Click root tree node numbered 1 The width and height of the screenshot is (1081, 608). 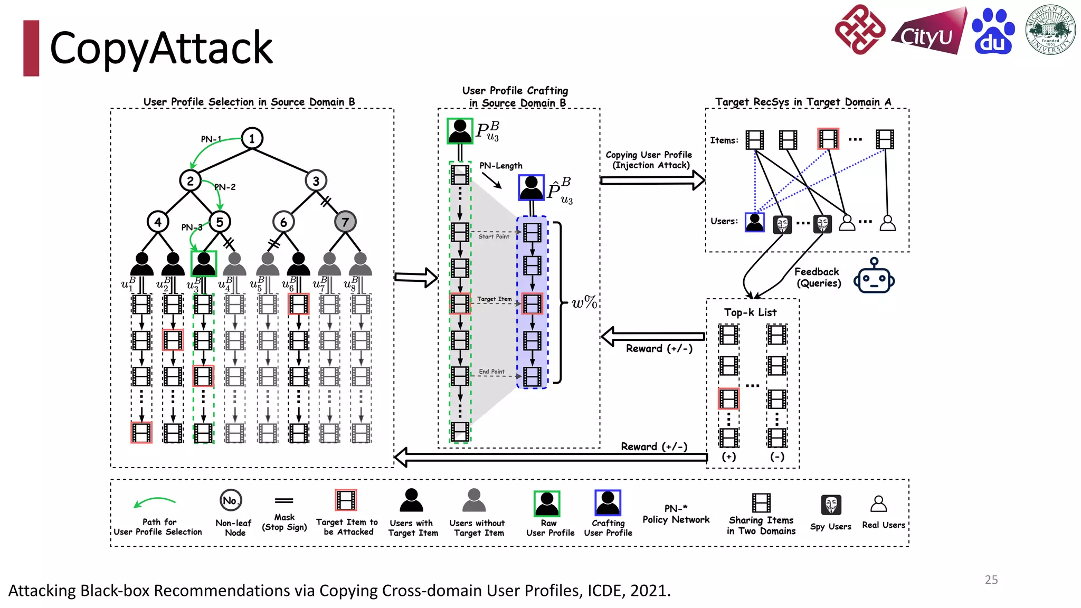click(x=252, y=138)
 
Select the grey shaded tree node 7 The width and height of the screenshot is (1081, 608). click(x=345, y=222)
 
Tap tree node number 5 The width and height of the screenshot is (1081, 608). click(x=220, y=222)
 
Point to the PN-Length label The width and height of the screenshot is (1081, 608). click(x=500, y=166)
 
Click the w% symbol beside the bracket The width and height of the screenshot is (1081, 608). click(x=584, y=302)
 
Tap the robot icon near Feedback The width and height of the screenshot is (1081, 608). click(x=874, y=277)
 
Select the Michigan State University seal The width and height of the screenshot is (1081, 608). click(x=1050, y=30)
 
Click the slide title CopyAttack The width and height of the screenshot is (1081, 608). click(x=161, y=48)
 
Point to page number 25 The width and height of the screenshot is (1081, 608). click(x=991, y=579)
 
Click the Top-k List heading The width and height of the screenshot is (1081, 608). click(x=750, y=312)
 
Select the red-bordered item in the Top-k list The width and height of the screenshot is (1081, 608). click(x=728, y=398)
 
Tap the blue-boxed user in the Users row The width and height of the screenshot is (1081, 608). click(x=754, y=222)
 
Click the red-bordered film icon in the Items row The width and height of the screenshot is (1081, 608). click(x=828, y=139)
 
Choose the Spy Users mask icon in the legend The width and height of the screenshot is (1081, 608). click(x=831, y=505)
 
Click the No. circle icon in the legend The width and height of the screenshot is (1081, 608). click(x=231, y=500)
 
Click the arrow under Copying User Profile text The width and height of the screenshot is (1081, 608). click(x=652, y=180)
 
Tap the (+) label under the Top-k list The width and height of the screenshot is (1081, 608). click(x=729, y=457)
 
